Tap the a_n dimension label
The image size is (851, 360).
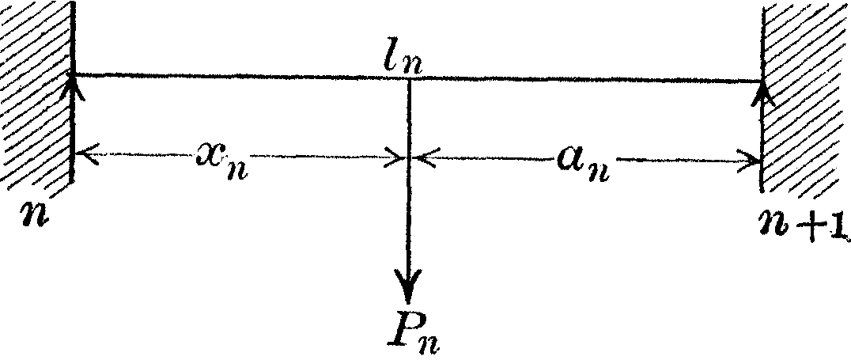click(x=584, y=164)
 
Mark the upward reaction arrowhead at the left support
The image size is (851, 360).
click(x=74, y=87)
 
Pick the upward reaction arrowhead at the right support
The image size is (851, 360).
click(x=765, y=93)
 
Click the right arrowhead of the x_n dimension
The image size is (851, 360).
click(x=395, y=159)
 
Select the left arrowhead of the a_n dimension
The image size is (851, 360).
click(x=422, y=159)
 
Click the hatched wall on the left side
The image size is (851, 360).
click(x=36, y=95)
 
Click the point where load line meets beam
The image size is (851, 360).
click(x=409, y=78)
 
